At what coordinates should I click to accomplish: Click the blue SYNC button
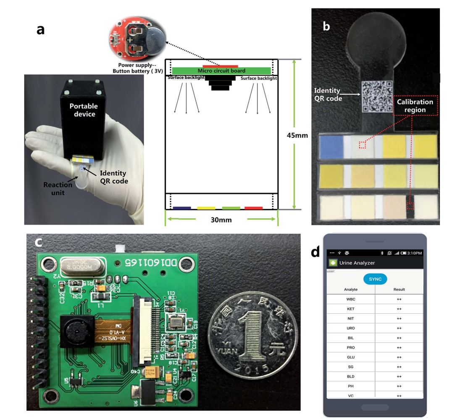(x=375, y=279)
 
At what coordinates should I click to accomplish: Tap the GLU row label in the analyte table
(x=350, y=357)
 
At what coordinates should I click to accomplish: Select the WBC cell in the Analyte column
(x=350, y=299)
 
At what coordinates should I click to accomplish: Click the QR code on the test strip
(x=377, y=97)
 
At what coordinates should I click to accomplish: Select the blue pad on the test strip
(x=331, y=147)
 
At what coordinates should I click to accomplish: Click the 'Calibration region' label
(x=415, y=106)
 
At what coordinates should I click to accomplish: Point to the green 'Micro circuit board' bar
(x=221, y=71)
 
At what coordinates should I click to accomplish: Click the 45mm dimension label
(x=298, y=135)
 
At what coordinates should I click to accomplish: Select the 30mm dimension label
(x=221, y=219)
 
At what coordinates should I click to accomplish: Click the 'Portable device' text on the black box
(x=84, y=110)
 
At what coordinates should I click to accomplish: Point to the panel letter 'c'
(x=38, y=243)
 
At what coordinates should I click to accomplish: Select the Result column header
(x=399, y=290)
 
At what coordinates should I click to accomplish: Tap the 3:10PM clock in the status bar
(x=414, y=253)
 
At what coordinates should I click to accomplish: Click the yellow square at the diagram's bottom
(x=206, y=208)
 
